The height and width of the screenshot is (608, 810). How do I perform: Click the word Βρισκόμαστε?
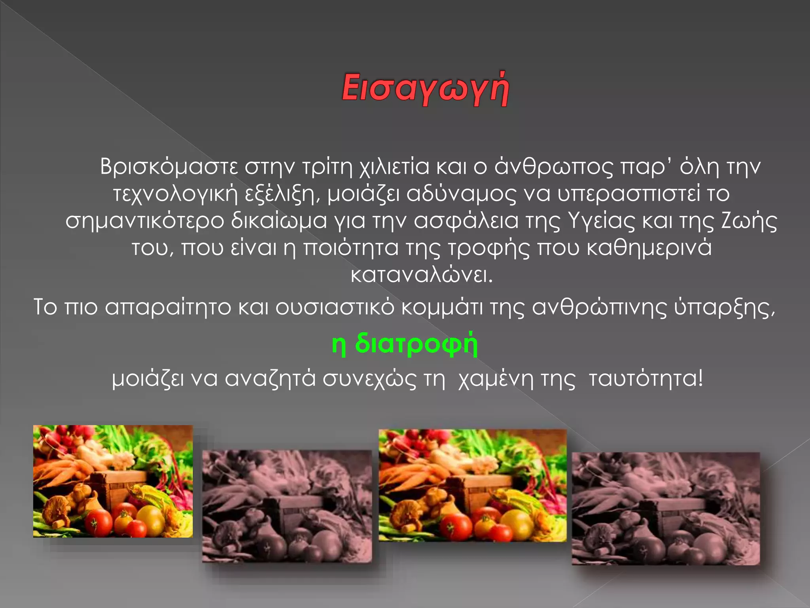tap(169, 167)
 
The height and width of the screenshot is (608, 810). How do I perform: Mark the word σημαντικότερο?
tap(144, 221)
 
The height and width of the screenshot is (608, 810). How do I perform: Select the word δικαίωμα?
tap(279, 221)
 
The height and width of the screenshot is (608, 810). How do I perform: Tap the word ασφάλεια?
tap(466, 221)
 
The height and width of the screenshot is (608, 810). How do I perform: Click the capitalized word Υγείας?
tap(601, 221)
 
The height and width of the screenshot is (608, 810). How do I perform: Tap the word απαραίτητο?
tap(168, 307)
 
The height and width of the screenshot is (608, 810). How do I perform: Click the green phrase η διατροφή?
tap(405, 344)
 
